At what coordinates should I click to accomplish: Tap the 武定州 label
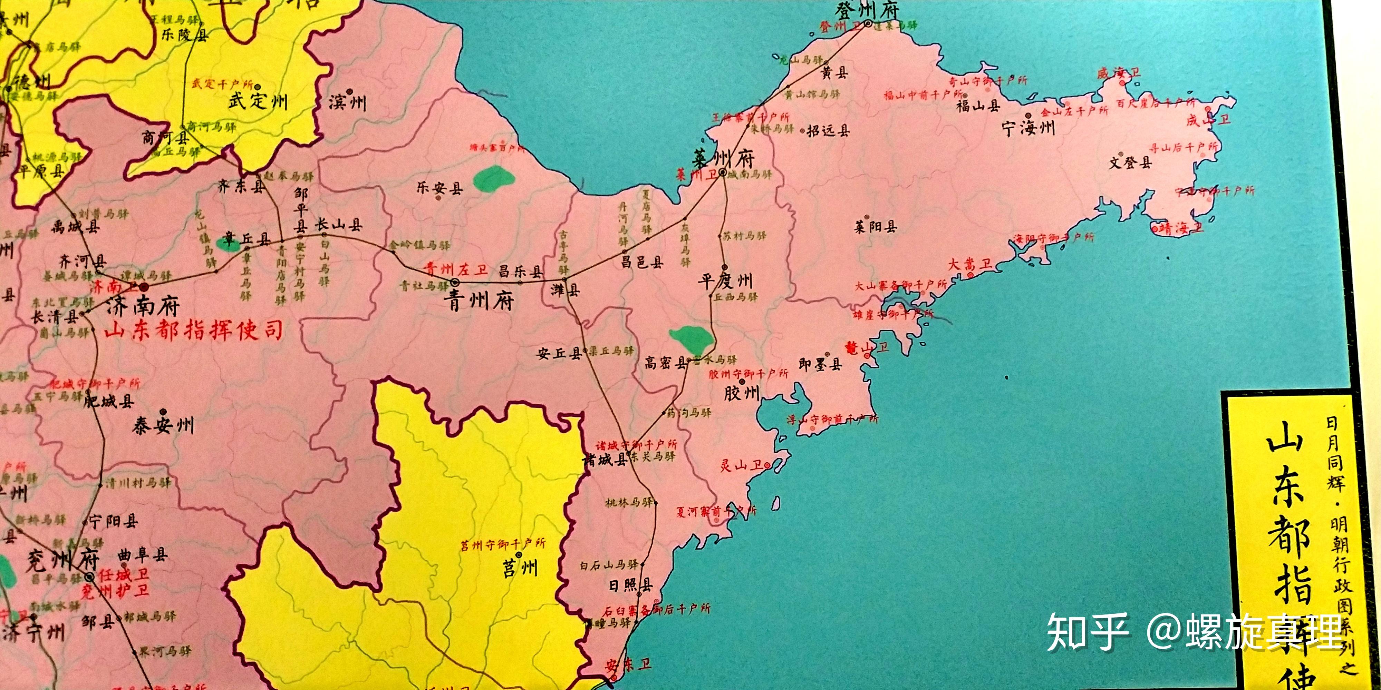point(258,101)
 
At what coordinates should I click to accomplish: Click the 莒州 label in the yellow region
point(520,568)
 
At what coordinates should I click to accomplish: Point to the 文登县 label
point(1130,162)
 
